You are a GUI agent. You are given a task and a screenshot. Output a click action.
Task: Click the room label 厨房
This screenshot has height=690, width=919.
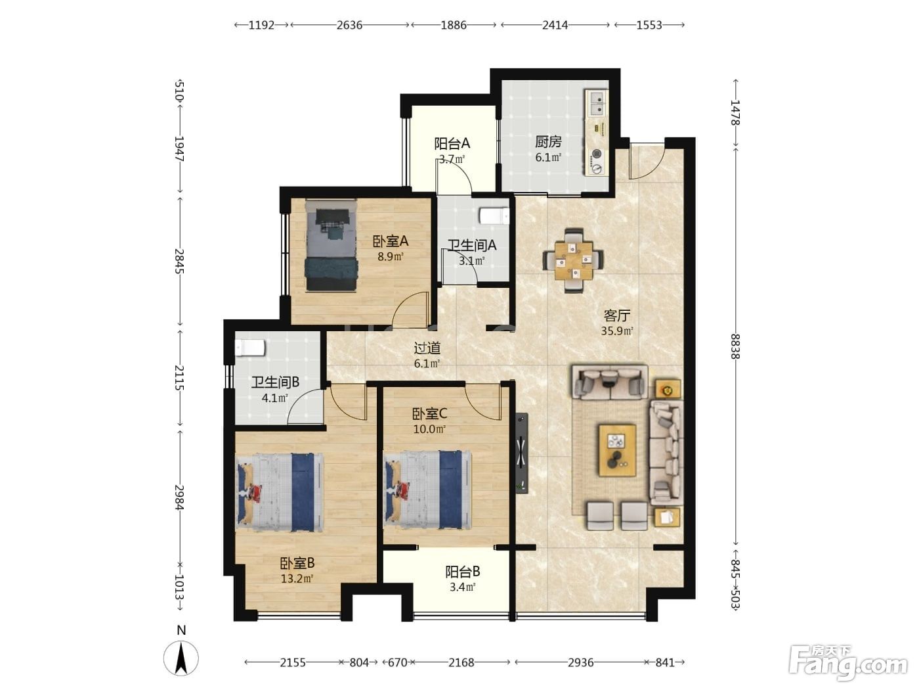pos(547,141)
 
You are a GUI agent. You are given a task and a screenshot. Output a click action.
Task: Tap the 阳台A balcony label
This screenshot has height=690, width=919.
pos(452,144)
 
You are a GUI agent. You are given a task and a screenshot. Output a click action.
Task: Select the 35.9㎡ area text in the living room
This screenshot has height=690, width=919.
pos(616,331)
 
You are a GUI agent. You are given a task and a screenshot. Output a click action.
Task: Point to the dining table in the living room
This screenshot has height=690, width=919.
pos(573,260)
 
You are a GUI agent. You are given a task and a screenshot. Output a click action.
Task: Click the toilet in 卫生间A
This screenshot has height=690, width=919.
pos(494,216)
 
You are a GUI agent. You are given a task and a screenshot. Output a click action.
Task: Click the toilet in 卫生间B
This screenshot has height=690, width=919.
pos(250,348)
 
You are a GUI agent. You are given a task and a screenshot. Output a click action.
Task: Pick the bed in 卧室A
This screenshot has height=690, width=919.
pos(331,245)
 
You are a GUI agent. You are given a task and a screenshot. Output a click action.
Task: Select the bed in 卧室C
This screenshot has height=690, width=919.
pos(428,489)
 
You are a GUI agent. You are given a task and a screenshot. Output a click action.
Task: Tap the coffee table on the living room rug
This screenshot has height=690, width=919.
pos(617,450)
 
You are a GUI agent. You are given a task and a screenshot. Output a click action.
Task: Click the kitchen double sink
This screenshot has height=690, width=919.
pos(597,104)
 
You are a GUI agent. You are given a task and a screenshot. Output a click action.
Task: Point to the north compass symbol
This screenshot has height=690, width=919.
pos(181,658)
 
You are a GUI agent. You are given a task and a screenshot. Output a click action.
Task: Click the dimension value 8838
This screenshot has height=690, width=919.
pos(735,346)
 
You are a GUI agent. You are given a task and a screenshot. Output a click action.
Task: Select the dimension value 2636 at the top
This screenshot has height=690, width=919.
pos(349,25)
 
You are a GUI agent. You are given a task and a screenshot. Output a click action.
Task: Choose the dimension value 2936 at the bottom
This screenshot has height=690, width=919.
pos(581,662)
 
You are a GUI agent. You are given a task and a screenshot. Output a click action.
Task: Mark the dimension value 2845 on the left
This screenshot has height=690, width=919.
pos(180,261)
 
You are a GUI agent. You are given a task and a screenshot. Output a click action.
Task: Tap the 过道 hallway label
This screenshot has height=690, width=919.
pos(427,348)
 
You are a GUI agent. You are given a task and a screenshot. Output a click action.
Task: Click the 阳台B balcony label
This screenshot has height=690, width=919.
pos(462,572)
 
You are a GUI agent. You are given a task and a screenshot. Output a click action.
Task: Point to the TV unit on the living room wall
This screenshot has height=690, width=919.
pos(522,453)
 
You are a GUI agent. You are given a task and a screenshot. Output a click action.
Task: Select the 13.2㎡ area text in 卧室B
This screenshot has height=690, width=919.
pos(297,579)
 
